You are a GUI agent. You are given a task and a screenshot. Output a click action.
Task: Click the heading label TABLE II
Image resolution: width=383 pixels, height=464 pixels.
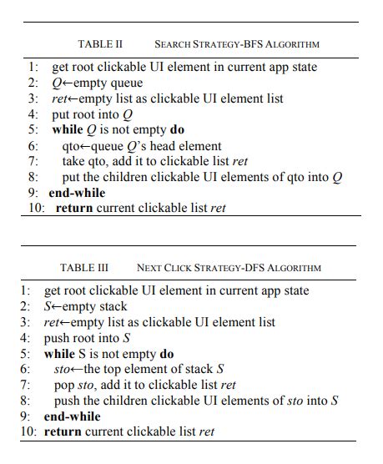(x=100, y=44)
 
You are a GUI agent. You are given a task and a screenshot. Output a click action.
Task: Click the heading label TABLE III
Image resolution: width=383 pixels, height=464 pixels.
(x=84, y=268)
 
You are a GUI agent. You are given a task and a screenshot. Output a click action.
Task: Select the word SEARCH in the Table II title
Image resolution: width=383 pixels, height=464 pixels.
(x=174, y=44)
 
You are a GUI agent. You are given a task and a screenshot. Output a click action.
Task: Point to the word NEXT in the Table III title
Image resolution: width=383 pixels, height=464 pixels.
(x=150, y=268)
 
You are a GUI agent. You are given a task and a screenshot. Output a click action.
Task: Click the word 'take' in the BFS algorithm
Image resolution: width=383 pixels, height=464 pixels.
(x=74, y=160)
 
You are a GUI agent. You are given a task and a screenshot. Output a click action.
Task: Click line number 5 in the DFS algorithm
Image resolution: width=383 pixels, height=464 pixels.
(x=27, y=353)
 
